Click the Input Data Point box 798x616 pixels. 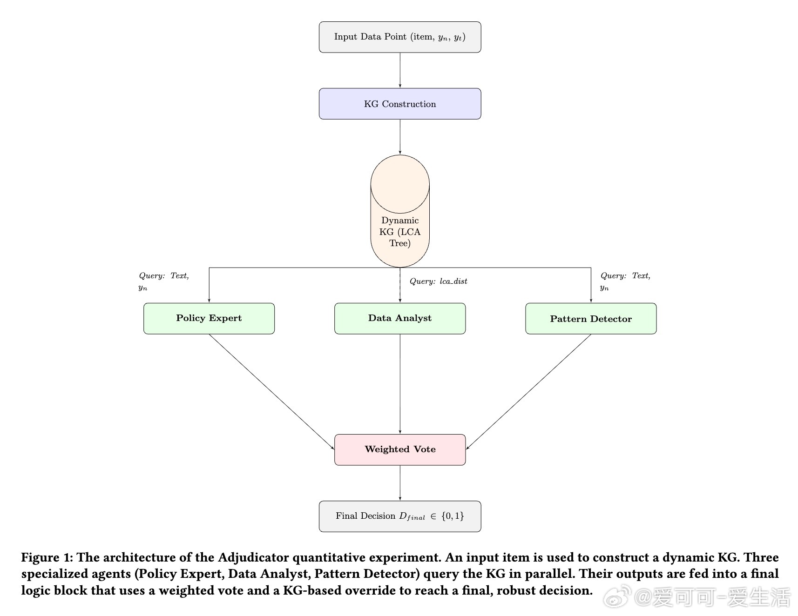point(399,37)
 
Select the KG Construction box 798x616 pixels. point(399,104)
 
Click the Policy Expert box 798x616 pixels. point(209,318)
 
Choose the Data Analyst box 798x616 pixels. point(399,318)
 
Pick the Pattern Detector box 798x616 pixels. point(590,318)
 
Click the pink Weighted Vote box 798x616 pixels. point(399,449)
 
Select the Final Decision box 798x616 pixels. point(399,516)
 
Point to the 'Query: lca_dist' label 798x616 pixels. point(438,281)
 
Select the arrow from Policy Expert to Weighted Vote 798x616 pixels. point(271,391)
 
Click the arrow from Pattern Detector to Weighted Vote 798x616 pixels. point(529,391)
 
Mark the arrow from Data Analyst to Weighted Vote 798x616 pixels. point(400,384)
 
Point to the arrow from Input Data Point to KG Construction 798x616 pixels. point(400,70)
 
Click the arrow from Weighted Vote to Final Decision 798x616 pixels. point(400,482)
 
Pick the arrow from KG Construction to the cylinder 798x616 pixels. point(400,136)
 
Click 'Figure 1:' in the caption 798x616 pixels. point(47,557)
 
